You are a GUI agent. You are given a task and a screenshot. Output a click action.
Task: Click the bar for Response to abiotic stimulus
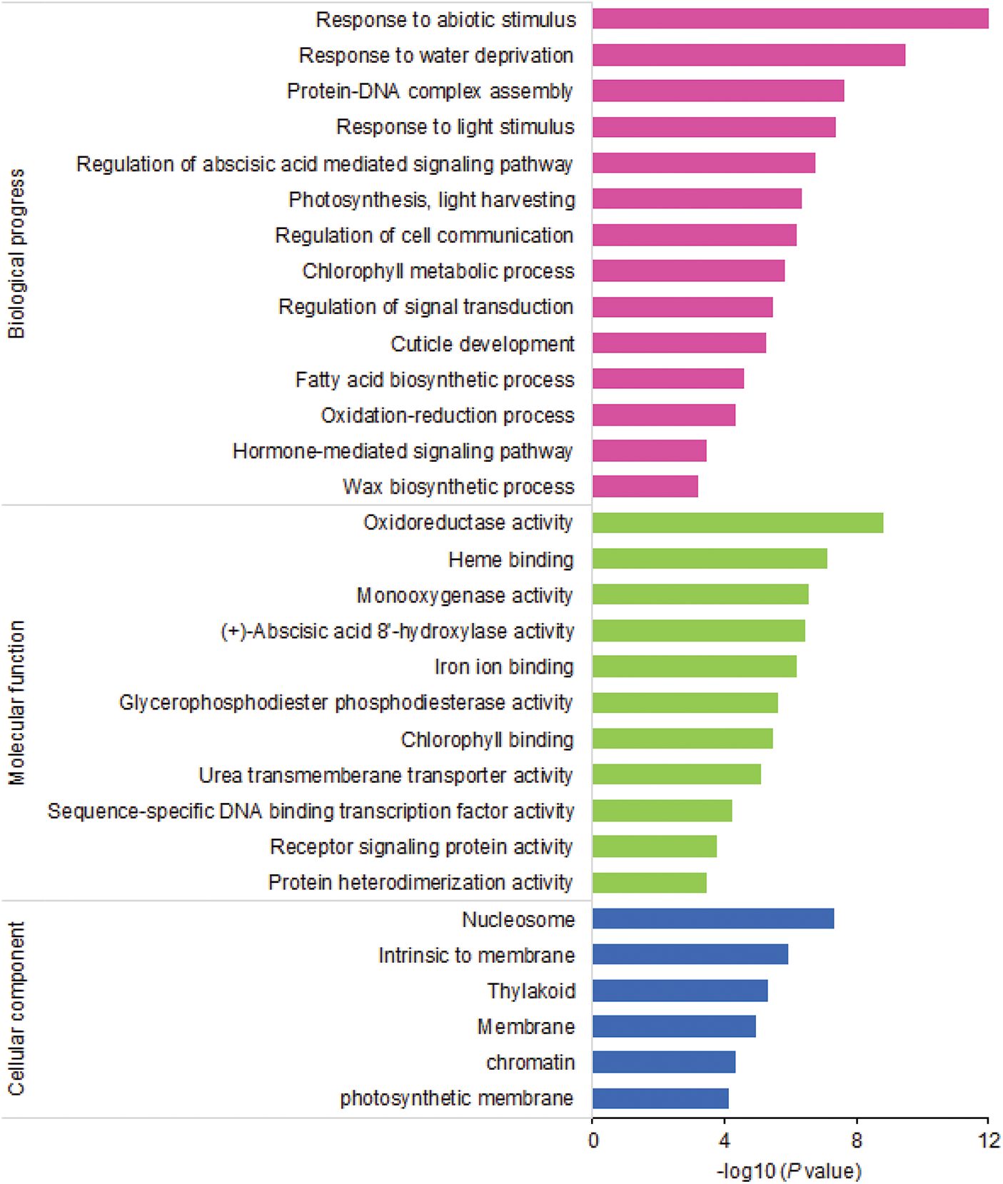(790, 19)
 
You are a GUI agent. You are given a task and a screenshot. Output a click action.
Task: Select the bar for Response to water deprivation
(748, 55)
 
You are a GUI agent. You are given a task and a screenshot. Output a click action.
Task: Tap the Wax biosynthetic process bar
(645, 487)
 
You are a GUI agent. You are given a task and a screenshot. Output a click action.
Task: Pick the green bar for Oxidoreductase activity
(737, 523)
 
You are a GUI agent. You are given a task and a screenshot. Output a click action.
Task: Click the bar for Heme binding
(710, 559)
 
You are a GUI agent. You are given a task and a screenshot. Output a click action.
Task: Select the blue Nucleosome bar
(712, 919)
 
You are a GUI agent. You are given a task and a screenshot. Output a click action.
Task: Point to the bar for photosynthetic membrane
(660, 1098)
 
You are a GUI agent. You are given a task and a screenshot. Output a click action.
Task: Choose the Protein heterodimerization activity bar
(649, 883)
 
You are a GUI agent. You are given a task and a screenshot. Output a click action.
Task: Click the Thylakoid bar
(680, 991)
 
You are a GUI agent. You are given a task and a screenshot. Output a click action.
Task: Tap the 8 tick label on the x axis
(857, 1140)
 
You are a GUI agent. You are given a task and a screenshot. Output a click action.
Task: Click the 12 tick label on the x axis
(989, 1140)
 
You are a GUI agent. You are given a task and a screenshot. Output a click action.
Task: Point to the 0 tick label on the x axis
(593, 1140)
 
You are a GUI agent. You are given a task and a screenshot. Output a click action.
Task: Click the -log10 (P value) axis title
(789, 1171)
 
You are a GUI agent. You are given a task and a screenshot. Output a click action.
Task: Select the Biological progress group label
(16, 253)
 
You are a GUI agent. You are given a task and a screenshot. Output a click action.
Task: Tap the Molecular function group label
(16, 703)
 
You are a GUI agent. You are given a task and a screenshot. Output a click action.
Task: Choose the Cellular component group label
(16, 1008)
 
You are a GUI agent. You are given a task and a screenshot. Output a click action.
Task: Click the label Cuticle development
(482, 344)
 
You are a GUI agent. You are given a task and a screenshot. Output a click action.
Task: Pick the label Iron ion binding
(503, 667)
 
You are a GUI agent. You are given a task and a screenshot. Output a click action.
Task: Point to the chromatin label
(530, 1063)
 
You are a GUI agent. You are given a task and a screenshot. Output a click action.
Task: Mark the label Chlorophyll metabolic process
(438, 271)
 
